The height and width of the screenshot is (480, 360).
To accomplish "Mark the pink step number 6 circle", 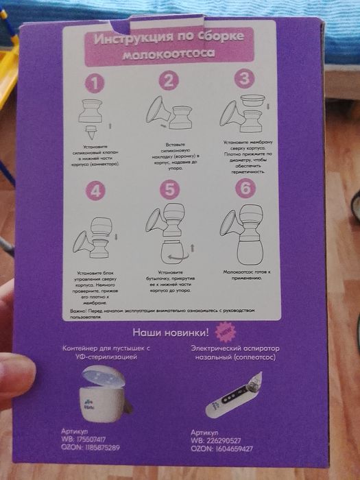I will coord(244,190).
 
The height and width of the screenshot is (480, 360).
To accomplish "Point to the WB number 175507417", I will coord(90,439).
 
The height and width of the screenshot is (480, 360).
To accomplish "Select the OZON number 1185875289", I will coord(99,448).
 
